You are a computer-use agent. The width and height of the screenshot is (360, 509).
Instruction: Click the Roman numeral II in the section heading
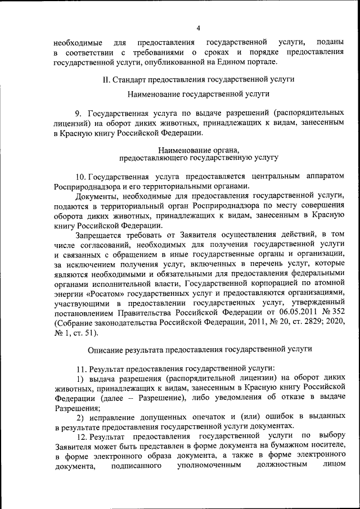click(x=106, y=80)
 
